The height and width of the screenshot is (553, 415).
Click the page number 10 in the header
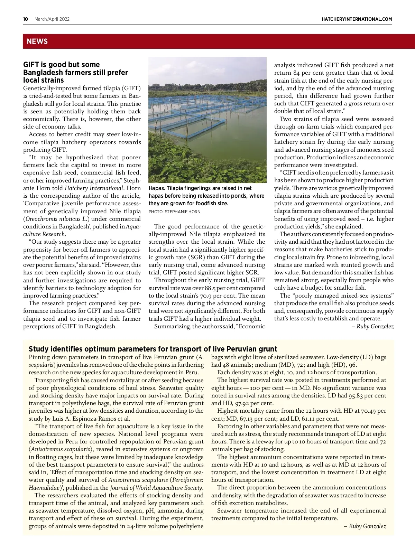tap(26, 19)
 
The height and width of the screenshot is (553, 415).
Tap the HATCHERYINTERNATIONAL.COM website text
tap(357, 19)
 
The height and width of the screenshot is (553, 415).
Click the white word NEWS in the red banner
tap(37, 41)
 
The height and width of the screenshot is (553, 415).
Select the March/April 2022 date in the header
tap(52, 19)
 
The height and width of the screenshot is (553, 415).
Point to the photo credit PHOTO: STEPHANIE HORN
tap(174, 212)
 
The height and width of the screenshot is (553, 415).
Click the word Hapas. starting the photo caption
tap(157, 188)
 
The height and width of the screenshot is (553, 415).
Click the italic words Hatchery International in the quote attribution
tap(94, 188)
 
